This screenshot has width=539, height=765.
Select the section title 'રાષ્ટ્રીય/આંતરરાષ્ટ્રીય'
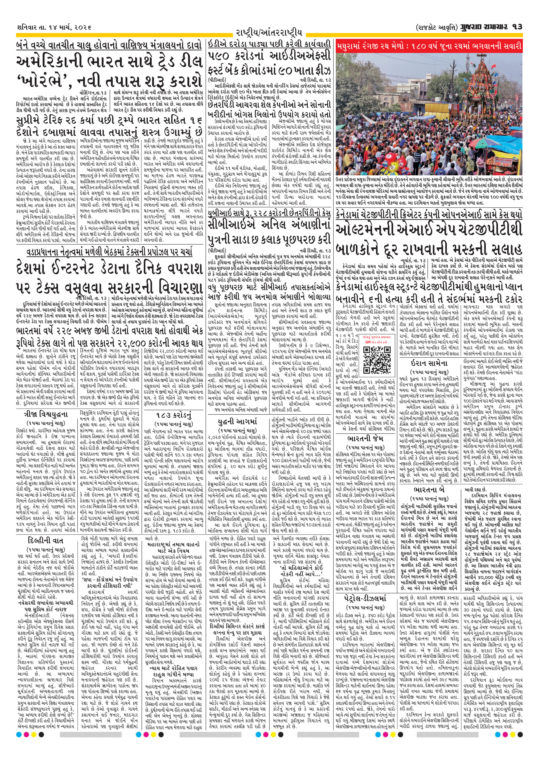tap(269, 33)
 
